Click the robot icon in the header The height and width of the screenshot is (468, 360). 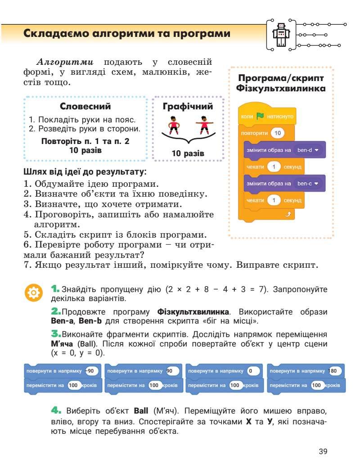tap(281, 34)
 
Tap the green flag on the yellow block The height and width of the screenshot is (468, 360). tap(259, 117)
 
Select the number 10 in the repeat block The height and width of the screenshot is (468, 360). tap(278, 133)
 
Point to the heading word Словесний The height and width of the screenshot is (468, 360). tap(85, 107)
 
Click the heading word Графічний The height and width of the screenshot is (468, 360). tap(188, 107)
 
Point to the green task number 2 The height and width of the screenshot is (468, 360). tap(56, 311)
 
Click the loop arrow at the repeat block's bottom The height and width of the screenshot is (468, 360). tap(286, 214)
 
